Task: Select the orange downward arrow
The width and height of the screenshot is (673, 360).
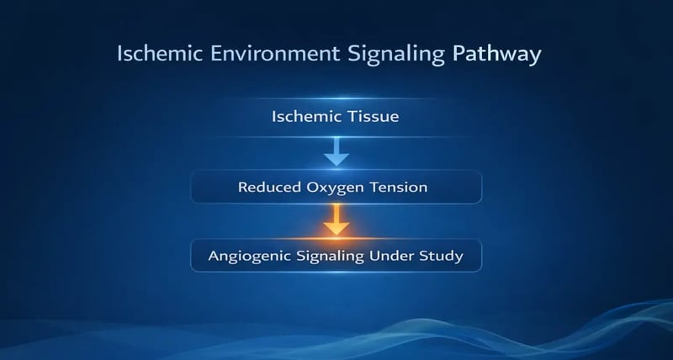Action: click(x=336, y=220)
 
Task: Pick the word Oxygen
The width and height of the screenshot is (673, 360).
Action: click(x=338, y=188)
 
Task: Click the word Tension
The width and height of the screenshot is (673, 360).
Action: click(x=400, y=187)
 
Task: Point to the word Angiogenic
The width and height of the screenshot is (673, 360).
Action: click(x=249, y=256)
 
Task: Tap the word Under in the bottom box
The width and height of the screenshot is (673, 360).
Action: click(x=390, y=256)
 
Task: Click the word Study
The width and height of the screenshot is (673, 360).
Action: click(x=443, y=256)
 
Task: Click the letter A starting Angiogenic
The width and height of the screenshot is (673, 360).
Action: click(x=215, y=256)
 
